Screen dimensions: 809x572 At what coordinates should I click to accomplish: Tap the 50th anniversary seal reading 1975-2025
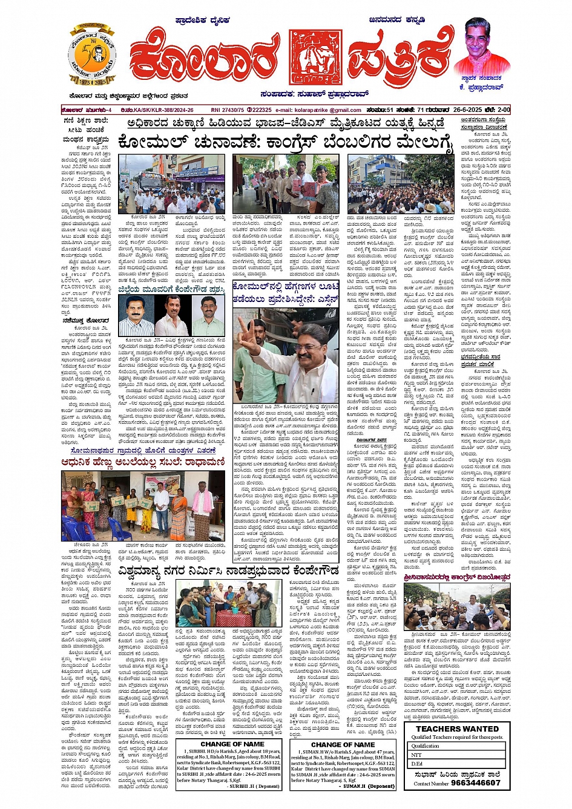click(x=92, y=56)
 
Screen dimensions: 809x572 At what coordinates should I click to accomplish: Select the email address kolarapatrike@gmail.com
click(x=327, y=110)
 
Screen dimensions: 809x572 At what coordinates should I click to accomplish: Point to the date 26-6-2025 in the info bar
click(x=465, y=110)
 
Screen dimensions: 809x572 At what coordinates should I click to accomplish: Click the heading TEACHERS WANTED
click(x=457, y=729)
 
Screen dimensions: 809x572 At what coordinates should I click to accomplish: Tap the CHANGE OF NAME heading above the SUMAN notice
click(x=343, y=744)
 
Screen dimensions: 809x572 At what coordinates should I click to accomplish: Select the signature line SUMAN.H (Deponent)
click(x=369, y=786)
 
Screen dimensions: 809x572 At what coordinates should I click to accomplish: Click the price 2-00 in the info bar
click(x=504, y=110)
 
